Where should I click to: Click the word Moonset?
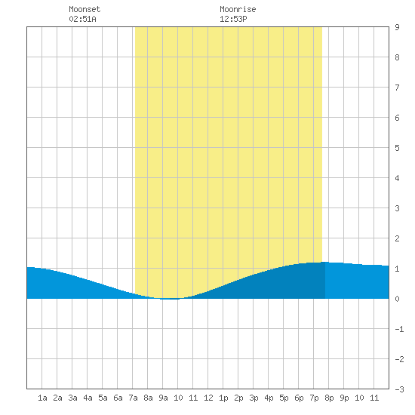[85, 9]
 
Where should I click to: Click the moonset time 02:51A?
[82, 19]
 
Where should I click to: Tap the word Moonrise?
[238, 9]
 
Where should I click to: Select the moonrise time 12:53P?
[233, 19]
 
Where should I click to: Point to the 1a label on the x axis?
[42, 398]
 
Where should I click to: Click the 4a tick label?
[88, 398]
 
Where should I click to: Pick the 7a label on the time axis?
[133, 398]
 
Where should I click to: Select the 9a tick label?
[163, 398]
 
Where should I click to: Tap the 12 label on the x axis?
[208, 398]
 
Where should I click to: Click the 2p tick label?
[238, 398]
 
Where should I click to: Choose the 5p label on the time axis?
[284, 398]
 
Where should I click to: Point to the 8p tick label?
[329, 398]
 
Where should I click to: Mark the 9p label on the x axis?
[344, 398]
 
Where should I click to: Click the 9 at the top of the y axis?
[397, 27]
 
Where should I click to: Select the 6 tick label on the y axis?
[397, 118]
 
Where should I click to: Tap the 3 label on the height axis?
[397, 208]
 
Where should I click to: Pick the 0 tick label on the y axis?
[397, 299]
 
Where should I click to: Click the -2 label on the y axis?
[399, 359]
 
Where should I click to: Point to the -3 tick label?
[399, 389]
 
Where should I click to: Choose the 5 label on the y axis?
[397, 148]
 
